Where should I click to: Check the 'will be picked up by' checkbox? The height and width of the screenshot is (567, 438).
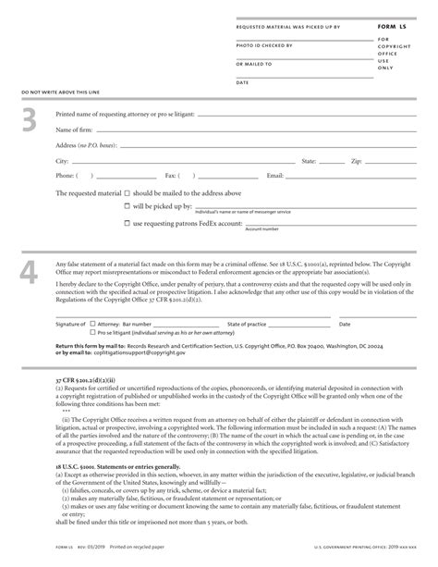127,206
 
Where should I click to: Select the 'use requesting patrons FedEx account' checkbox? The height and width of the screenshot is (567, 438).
127,223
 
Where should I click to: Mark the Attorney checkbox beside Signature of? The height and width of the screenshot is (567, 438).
92,325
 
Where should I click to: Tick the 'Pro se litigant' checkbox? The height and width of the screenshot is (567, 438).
92,332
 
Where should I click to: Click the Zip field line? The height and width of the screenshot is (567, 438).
397,160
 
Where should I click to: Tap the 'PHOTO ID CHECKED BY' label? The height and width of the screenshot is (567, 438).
258,44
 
